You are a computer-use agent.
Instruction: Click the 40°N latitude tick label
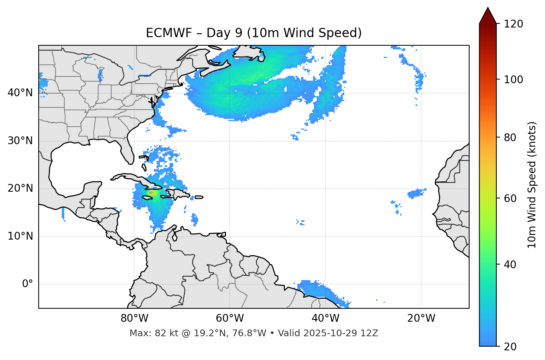(20, 93)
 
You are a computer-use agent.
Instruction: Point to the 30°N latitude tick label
(20, 141)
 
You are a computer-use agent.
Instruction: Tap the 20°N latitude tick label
(20, 188)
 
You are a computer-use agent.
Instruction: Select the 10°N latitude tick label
(20, 236)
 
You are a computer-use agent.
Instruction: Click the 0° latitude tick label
(28, 284)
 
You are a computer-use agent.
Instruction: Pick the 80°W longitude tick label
(134, 318)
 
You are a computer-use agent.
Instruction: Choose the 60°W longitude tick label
(230, 318)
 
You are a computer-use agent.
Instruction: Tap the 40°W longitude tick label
(325, 318)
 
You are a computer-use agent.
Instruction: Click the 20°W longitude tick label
(421, 318)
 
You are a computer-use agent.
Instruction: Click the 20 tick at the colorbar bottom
(510, 347)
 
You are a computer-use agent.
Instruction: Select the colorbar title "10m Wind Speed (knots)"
(532, 185)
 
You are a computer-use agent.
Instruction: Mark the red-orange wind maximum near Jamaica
(151, 193)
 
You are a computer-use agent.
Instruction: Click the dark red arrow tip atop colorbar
(488, 15)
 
